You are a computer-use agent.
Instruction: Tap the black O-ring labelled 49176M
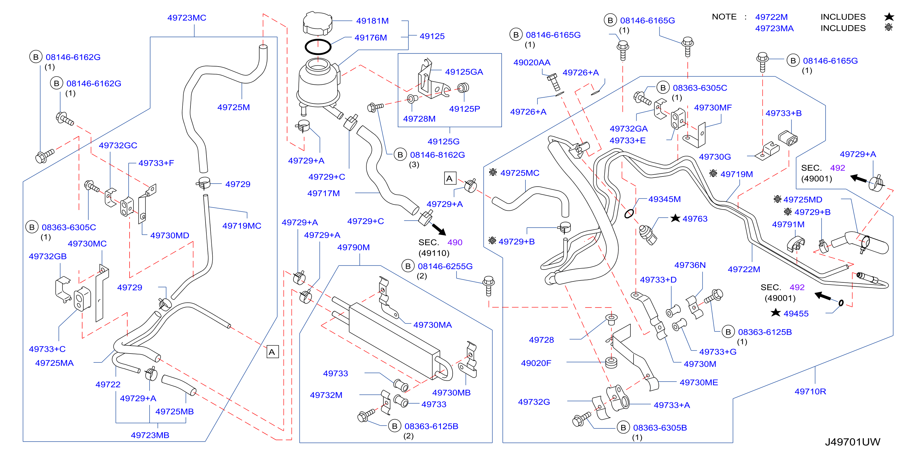tap(318, 47)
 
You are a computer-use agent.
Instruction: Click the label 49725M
tap(234, 107)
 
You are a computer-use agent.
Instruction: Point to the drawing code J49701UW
tap(852, 442)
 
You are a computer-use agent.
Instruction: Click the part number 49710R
tap(810, 391)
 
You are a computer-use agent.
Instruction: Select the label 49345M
tap(664, 199)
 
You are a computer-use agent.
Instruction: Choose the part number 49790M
tap(353, 247)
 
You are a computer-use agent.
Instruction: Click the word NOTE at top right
tap(724, 17)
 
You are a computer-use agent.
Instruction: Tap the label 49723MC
tap(187, 18)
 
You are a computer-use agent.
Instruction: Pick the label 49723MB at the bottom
tap(150, 435)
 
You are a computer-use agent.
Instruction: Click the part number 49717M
tap(324, 193)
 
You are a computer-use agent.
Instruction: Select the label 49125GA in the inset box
tap(464, 72)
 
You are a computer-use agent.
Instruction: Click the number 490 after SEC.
tap(455, 242)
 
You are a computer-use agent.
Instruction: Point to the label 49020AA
tap(532, 63)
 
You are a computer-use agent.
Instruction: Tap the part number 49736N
tap(690, 265)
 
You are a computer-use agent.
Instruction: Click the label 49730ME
tap(698, 382)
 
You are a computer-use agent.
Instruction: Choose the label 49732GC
tap(118, 145)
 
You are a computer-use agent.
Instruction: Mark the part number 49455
tap(796, 313)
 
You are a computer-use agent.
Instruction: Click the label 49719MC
tap(242, 226)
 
